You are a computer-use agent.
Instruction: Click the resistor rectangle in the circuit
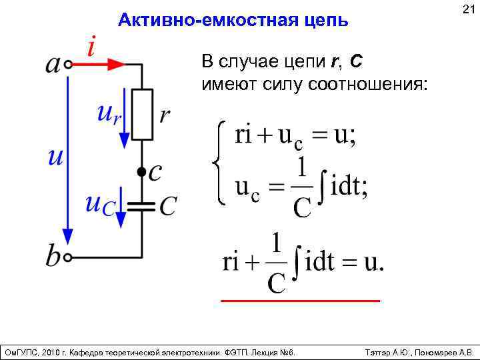pyautogui.click(x=142, y=115)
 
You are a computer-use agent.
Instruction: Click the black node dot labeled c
pyautogui.click(x=141, y=172)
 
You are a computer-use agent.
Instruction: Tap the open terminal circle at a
pyautogui.click(x=69, y=65)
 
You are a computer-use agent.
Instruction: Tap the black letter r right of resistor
pyautogui.click(x=165, y=115)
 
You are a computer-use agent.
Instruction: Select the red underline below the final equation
pyautogui.click(x=300, y=301)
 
